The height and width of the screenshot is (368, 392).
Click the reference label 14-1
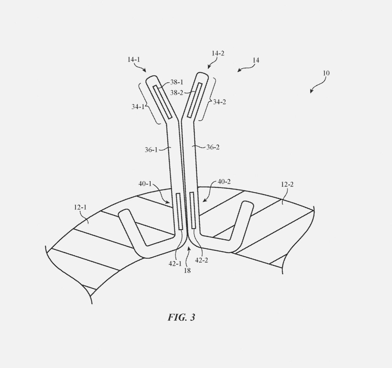tap(134, 59)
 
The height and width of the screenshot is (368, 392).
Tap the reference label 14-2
tap(218, 53)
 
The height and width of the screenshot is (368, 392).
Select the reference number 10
tap(326, 73)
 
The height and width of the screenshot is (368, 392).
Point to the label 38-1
tap(177, 82)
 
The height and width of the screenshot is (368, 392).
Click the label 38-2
tap(177, 93)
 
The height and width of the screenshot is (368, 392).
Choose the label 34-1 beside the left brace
tap(138, 107)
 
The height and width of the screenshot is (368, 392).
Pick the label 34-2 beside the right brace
tap(220, 102)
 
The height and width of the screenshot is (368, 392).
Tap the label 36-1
tap(151, 150)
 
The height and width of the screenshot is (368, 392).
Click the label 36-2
tap(213, 147)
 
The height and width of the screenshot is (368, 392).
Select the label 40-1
tap(145, 184)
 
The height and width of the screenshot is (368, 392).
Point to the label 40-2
tap(224, 182)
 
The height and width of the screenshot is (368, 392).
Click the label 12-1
tap(80, 207)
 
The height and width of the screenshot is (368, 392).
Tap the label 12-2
tap(287, 184)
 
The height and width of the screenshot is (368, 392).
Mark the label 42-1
tap(175, 263)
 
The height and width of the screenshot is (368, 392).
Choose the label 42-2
tap(202, 260)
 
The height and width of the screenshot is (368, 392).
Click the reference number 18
tap(187, 270)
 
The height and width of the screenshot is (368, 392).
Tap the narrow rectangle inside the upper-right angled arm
tap(195, 100)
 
